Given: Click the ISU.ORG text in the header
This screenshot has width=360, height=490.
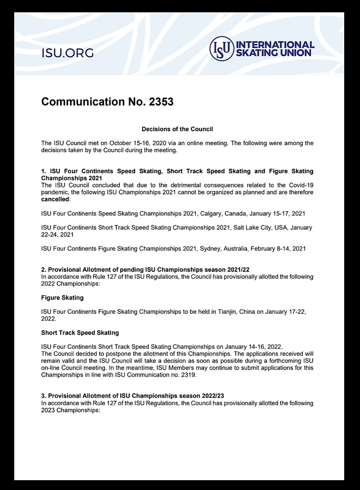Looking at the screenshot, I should click(x=68, y=53).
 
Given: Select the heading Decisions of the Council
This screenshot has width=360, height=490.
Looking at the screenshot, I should click(x=177, y=129).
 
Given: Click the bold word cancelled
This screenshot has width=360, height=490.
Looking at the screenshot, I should click(x=55, y=199).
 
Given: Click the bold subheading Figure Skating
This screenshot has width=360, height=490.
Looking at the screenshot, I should click(x=62, y=298).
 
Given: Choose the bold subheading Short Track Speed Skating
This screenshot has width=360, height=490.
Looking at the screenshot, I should click(x=80, y=333).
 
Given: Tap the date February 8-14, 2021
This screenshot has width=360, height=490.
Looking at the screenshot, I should click(x=278, y=249).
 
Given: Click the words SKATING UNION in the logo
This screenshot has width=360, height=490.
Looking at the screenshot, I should click(x=274, y=53).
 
